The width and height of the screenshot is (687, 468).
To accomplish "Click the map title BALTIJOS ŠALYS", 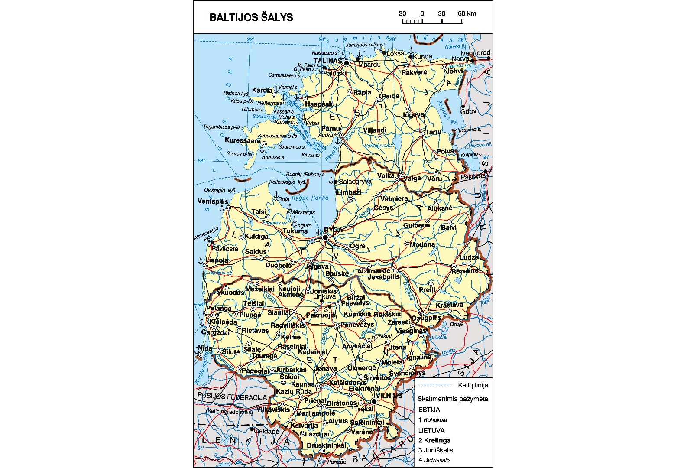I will coord(251,17).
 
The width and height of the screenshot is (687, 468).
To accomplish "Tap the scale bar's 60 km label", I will coord(467,13).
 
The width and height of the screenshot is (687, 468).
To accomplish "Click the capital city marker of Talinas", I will coord(346,63).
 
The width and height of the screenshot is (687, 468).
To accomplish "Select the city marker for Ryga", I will coord(325,237).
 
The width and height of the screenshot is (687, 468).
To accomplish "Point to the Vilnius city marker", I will coord(374,402).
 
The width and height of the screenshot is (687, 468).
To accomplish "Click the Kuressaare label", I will coord(243,140).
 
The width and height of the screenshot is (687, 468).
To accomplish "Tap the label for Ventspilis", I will coord(213,201).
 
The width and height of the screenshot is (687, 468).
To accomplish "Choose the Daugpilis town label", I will coord(426,318).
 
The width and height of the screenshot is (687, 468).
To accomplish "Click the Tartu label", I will coord(433,132).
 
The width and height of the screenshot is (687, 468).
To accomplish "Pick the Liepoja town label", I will coord(217,260).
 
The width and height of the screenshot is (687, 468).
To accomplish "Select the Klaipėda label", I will coord(223,322).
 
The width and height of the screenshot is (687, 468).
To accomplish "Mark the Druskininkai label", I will coord(326,445).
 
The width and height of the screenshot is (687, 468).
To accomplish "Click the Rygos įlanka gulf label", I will coord(310,198).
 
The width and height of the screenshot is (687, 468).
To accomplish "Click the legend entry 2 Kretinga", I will coord(434,440).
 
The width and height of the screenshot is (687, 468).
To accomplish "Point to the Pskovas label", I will coord(473,177).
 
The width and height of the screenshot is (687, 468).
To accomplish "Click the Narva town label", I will coord(460,58).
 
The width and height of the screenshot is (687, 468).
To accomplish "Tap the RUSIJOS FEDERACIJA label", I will coord(232,397).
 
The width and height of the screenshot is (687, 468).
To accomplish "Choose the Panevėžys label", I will coord(357,325).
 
